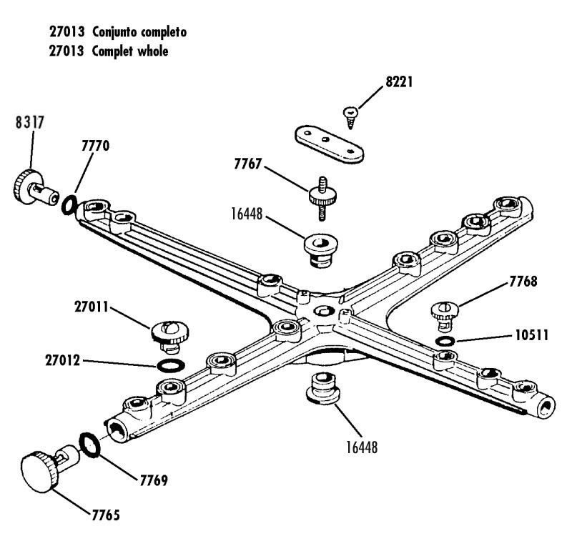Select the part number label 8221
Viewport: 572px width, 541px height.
point(399,82)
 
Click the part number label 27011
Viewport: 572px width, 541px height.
point(92,309)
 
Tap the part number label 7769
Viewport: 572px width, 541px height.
point(153,480)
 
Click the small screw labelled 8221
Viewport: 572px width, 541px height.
point(351,114)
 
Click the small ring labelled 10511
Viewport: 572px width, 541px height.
point(445,340)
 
